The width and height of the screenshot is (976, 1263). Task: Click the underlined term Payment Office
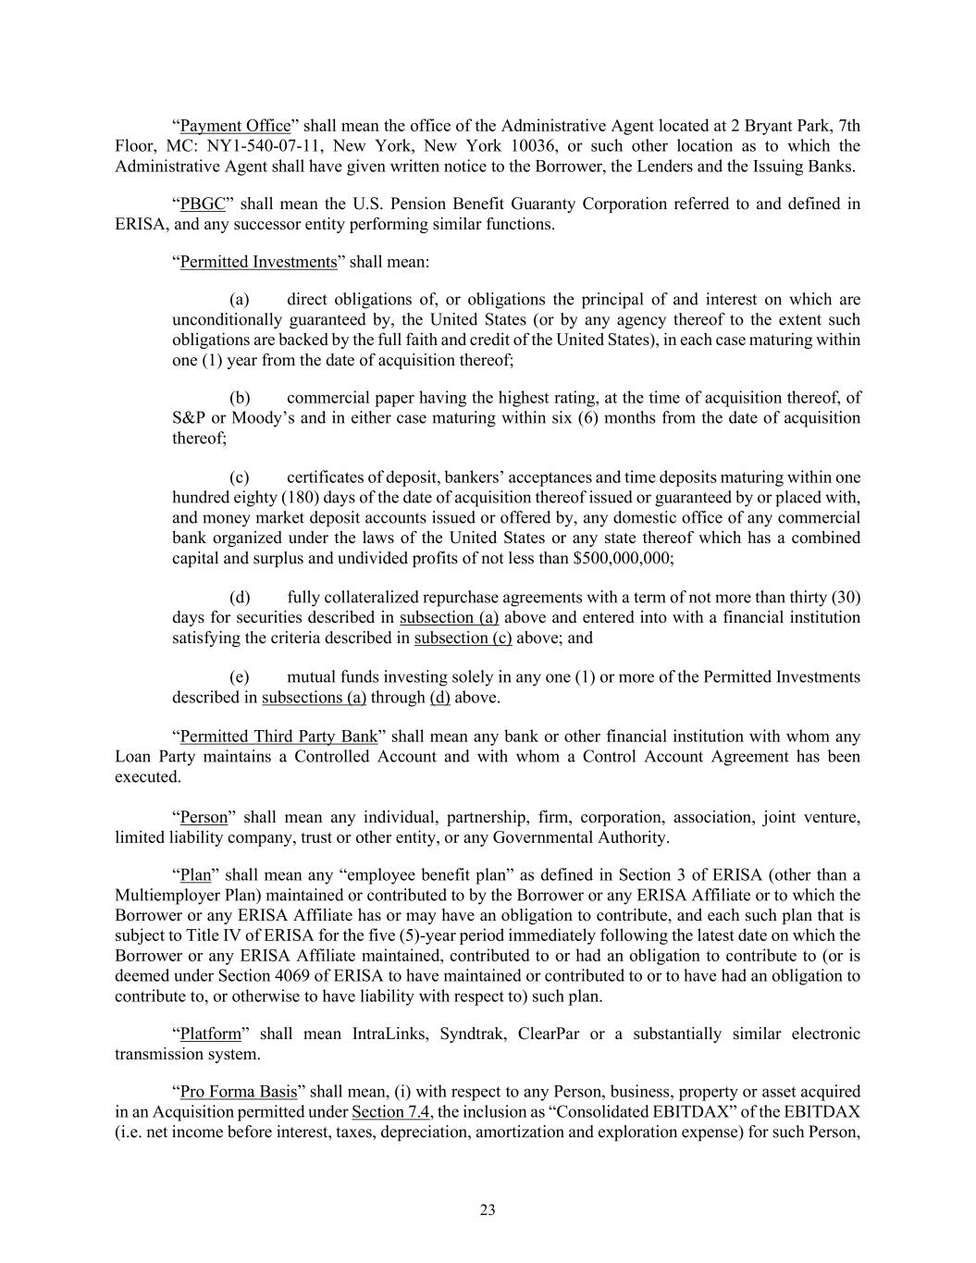235,126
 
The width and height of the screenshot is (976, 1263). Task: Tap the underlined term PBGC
203,204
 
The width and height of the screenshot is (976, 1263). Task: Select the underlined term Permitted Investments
258,262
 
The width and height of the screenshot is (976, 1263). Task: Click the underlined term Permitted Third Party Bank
278,737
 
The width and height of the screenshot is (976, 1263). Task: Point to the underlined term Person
204,817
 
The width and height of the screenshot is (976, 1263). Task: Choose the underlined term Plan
195,875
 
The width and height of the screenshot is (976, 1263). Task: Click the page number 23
488,1210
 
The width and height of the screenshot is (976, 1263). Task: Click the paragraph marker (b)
240,398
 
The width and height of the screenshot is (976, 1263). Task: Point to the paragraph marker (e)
240,677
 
